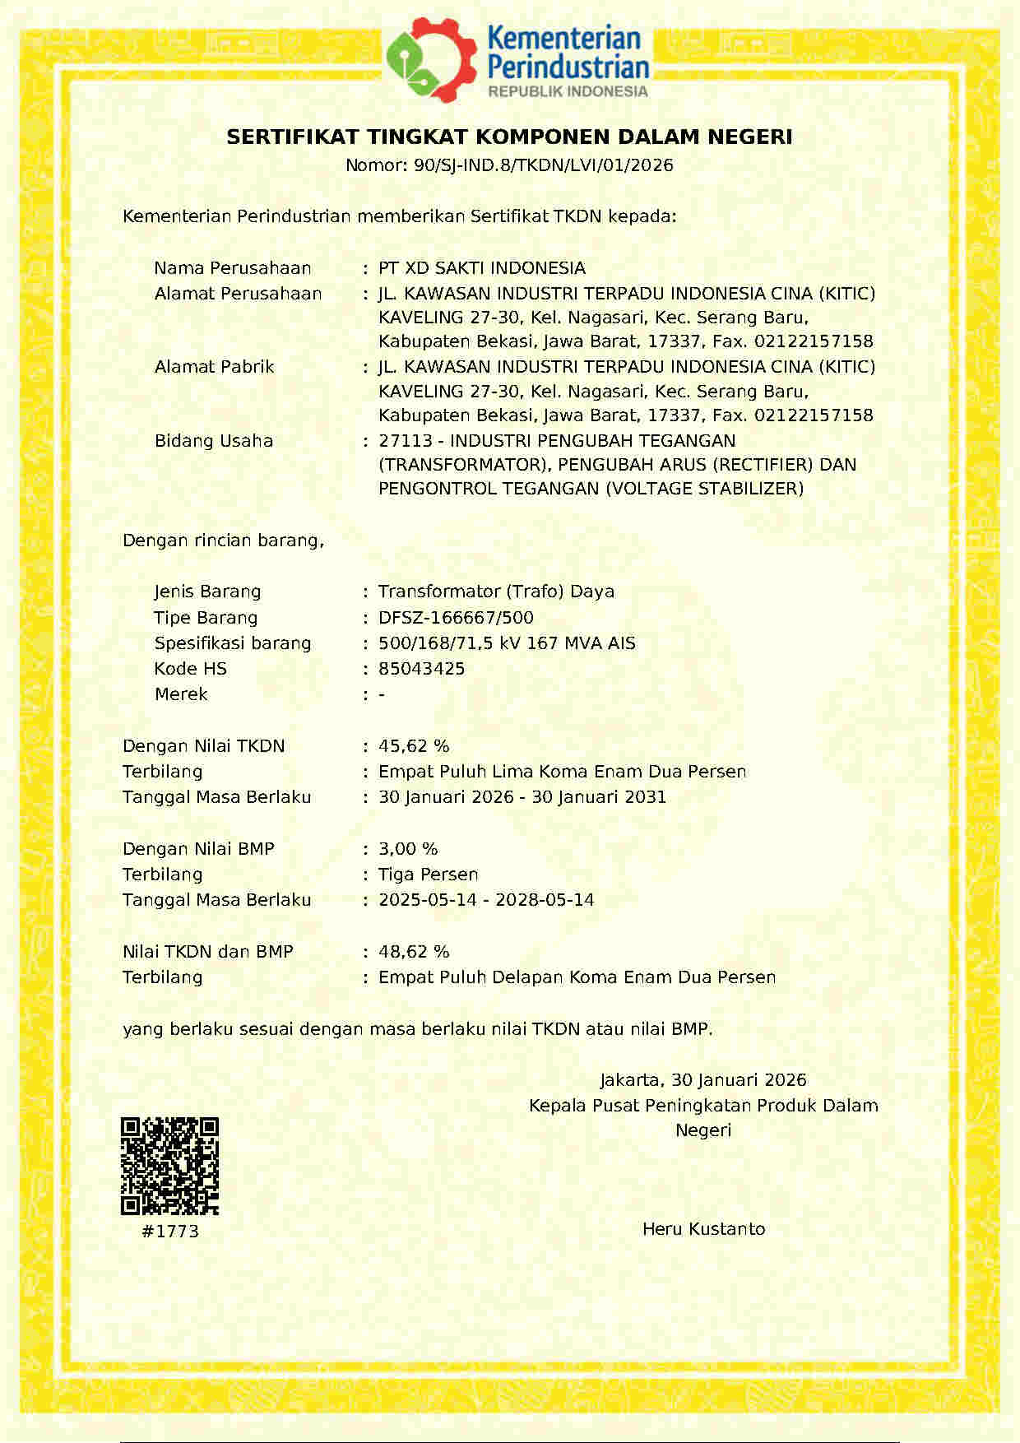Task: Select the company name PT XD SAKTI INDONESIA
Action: coord(481,268)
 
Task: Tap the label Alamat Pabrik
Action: coord(214,367)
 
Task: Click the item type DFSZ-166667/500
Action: coord(456,618)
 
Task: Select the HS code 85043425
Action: coord(421,669)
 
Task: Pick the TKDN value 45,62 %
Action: coord(414,746)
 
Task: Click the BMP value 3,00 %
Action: coord(408,849)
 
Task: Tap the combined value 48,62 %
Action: coord(414,952)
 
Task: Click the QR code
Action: coord(169,1166)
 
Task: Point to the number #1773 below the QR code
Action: coord(170,1232)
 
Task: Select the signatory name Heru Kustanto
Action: coord(703,1229)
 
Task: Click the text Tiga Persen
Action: coord(428,875)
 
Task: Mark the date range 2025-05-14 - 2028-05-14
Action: coord(485,900)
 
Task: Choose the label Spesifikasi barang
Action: coord(233,643)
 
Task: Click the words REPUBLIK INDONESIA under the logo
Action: coord(568,91)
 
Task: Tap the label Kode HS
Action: coord(190,669)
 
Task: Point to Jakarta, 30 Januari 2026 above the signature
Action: coord(702,1080)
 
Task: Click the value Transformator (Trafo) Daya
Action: coord(496,592)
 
